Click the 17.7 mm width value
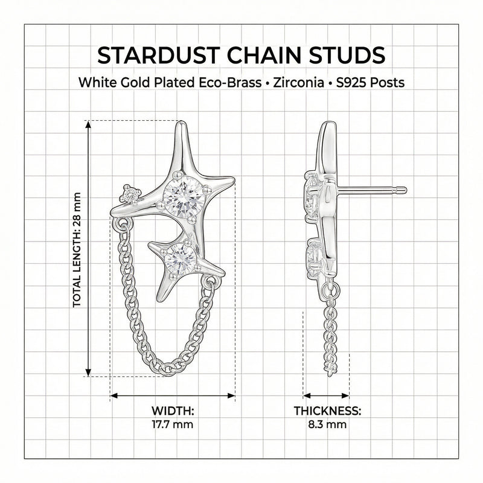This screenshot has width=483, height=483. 172,424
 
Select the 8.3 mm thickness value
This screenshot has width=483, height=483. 327,424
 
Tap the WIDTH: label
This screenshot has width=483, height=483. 172,411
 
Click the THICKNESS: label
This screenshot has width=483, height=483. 327,411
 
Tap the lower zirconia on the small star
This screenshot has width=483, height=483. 179,258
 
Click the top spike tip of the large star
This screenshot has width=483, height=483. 181,124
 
